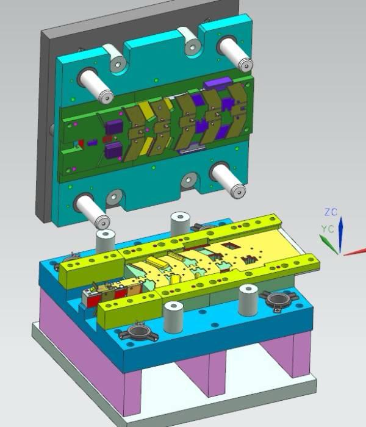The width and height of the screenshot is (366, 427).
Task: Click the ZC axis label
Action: [x=331, y=212]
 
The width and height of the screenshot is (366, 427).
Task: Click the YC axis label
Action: [x=328, y=229]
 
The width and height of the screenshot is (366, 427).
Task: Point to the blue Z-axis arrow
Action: [x=340, y=235]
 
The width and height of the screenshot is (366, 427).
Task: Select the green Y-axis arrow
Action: [x=329, y=244]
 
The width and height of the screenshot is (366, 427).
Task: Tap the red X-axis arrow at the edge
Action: [x=354, y=252]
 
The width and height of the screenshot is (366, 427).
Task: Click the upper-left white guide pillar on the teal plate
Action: [x=96, y=85]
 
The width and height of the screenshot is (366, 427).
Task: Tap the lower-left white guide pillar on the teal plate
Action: [x=91, y=211]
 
